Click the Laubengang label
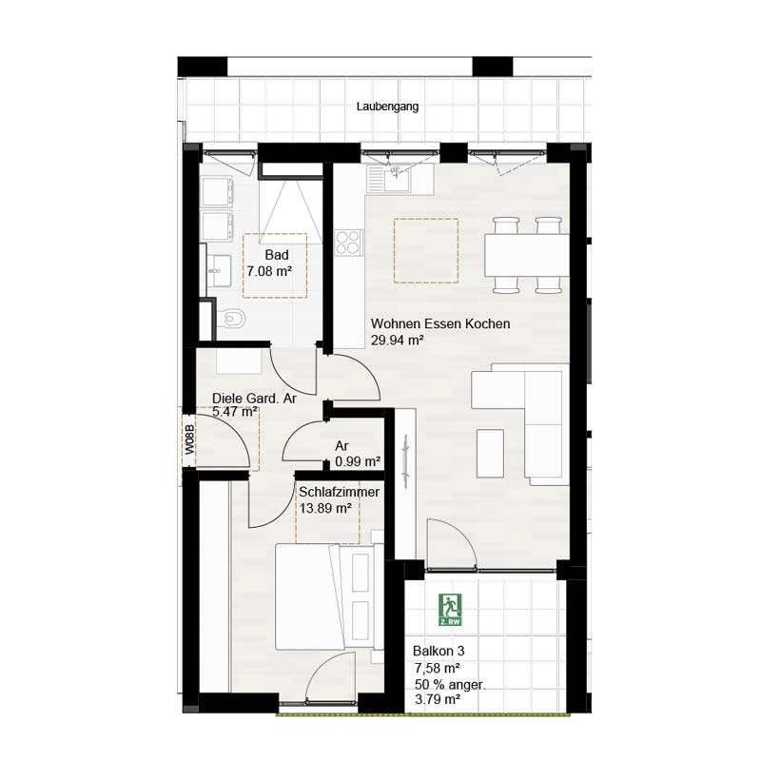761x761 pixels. tap(387, 107)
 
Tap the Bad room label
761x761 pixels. tap(276, 255)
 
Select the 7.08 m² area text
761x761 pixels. tap(269, 271)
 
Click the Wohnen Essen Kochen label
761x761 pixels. tap(440, 324)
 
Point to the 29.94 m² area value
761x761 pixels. tap(397, 341)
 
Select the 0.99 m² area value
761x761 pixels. tap(358, 461)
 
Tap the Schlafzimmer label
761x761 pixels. tap(340, 493)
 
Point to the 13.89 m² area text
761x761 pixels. tap(325, 510)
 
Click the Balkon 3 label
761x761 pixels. tap(439, 652)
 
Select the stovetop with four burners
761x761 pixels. tap(349, 242)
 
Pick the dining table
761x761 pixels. tap(527, 255)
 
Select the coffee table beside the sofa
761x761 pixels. tap(490, 453)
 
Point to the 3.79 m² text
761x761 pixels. tap(438, 700)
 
